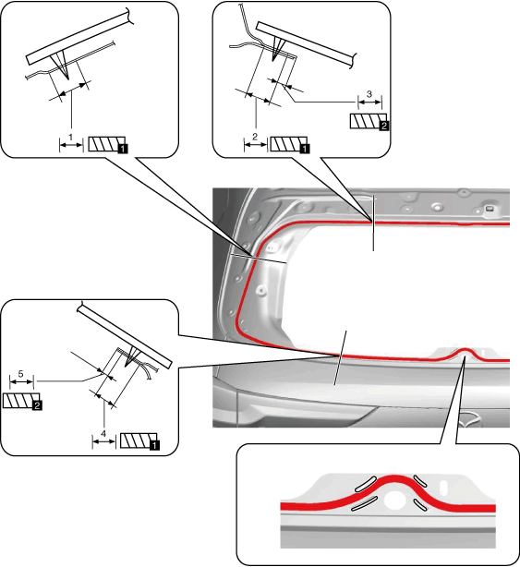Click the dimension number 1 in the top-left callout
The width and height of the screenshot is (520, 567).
click(x=71, y=138)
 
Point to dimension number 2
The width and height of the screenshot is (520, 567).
click(x=255, y=137)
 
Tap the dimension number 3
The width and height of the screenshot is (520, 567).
click(x=369, y=94)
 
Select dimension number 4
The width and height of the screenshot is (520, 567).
click(x=103, y=433)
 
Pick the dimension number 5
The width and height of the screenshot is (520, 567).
click(x=20, y=374)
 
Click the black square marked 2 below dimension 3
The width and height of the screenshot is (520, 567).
click(x=384, y=126)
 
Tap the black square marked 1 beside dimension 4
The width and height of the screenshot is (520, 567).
click(x=154, y=445)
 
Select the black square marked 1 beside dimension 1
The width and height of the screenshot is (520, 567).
click(x=123, y=149)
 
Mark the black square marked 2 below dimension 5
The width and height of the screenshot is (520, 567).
click(x=37, y=405)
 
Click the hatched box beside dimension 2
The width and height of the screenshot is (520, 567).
click(x=288, y=144)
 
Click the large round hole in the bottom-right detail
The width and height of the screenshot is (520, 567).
click(x=395, y=500)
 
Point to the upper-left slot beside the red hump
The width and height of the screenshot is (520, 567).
click(x=366, y=484)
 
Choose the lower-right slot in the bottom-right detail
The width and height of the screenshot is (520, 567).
click(x=420, y=504)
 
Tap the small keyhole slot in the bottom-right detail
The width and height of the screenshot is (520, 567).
click(x=443, y=487)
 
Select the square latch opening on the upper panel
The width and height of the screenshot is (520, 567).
click(x=489, y=209)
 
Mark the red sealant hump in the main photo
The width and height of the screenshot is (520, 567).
click(x=465, y=353)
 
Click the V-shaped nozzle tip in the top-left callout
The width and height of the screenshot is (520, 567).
click(x=67, y=78)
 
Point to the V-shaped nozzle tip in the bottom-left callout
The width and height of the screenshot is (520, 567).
click(x=126, y=365)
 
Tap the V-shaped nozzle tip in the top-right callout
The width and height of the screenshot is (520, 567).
click(x=273, y=60)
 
